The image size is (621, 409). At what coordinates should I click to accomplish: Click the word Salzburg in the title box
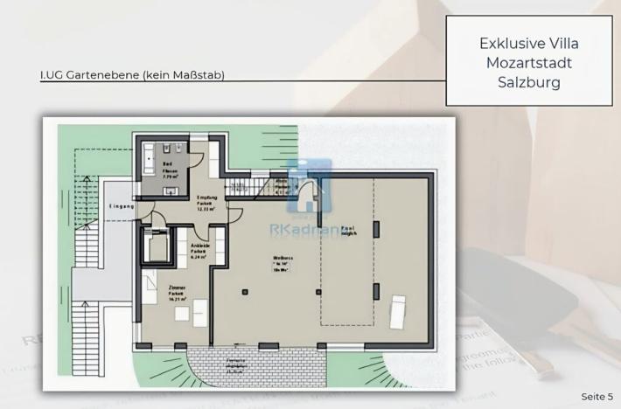coord(528,82)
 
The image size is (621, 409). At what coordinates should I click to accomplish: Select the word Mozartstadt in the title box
coord(528,63)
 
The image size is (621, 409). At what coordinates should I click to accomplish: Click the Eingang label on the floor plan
coord(121,206)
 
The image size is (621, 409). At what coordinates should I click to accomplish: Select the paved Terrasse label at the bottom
coord(234,365)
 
